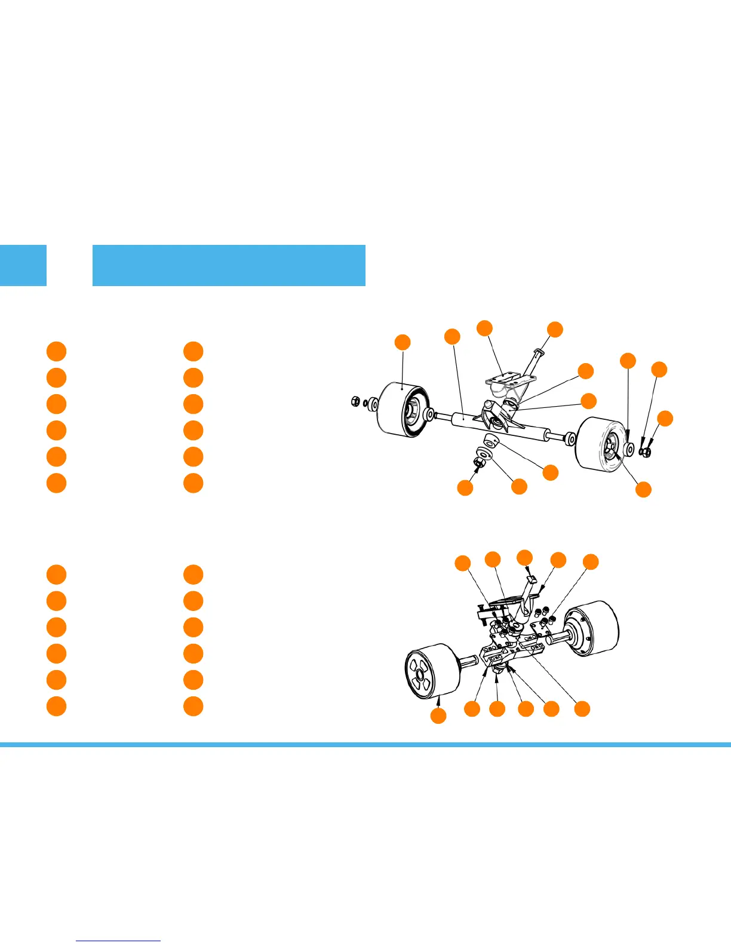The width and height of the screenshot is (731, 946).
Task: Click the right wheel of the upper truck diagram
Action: click(x=600, y=443)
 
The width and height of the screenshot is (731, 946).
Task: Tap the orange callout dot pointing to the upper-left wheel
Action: click(x=403, y=342)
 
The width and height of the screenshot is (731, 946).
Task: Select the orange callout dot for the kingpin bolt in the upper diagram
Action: click(x=555, y=329)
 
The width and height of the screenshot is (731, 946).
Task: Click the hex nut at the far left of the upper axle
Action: click(x=355, y=401)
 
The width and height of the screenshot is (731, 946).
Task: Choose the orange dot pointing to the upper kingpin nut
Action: click(x=465, y=487)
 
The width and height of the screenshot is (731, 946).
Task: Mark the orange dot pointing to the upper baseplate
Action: click(x=484, y=328)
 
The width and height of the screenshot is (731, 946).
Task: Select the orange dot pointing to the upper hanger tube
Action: click(x=452, y=336)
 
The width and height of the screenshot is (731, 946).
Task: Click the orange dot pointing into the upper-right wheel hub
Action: click(x=643, y=490)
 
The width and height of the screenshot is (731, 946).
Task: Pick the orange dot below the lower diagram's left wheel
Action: click(x=438, y=716)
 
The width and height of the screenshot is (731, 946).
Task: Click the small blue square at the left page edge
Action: click(x=23, y=265)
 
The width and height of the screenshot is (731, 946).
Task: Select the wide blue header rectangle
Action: click(x=229, y=265)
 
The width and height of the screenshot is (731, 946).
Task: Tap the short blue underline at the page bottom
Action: click(x=118, y=941)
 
